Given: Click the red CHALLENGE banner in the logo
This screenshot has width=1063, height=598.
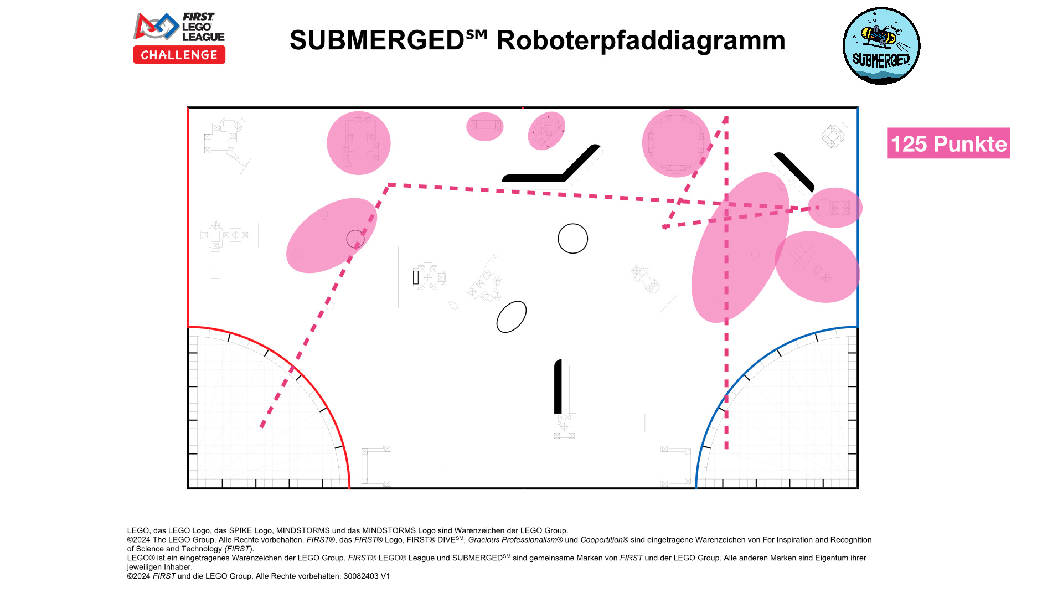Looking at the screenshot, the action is tap(179, 55).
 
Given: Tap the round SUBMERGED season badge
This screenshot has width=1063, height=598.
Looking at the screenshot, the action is tap(881, 46).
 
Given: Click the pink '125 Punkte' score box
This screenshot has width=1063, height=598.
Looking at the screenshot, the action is tap(948, 143).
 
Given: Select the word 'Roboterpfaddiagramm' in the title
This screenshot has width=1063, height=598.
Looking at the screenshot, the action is tap(641, 40).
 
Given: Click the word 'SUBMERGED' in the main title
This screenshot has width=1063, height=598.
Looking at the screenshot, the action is tap(376, 40).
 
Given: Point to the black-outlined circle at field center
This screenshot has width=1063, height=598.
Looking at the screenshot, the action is tap(572, 239).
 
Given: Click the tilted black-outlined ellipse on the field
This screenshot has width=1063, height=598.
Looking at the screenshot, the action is tap(511, 317).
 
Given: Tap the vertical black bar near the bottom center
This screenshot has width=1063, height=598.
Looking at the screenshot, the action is tap(558, 386).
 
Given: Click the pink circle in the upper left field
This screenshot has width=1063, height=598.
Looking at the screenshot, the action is tap(358, 143).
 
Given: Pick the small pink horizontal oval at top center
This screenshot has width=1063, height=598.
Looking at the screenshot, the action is tap(484, 127).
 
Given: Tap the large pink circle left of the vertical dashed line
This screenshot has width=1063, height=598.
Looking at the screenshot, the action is tap(675, 143).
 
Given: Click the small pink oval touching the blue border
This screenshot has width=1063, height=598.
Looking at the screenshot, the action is tap(835, 208).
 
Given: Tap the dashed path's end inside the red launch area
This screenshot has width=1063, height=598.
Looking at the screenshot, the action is tap(262, 425).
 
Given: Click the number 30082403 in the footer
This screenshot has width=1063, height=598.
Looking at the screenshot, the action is tap(361, 576).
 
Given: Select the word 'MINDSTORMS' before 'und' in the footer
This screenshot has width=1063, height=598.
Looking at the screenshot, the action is tap(303, 530).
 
